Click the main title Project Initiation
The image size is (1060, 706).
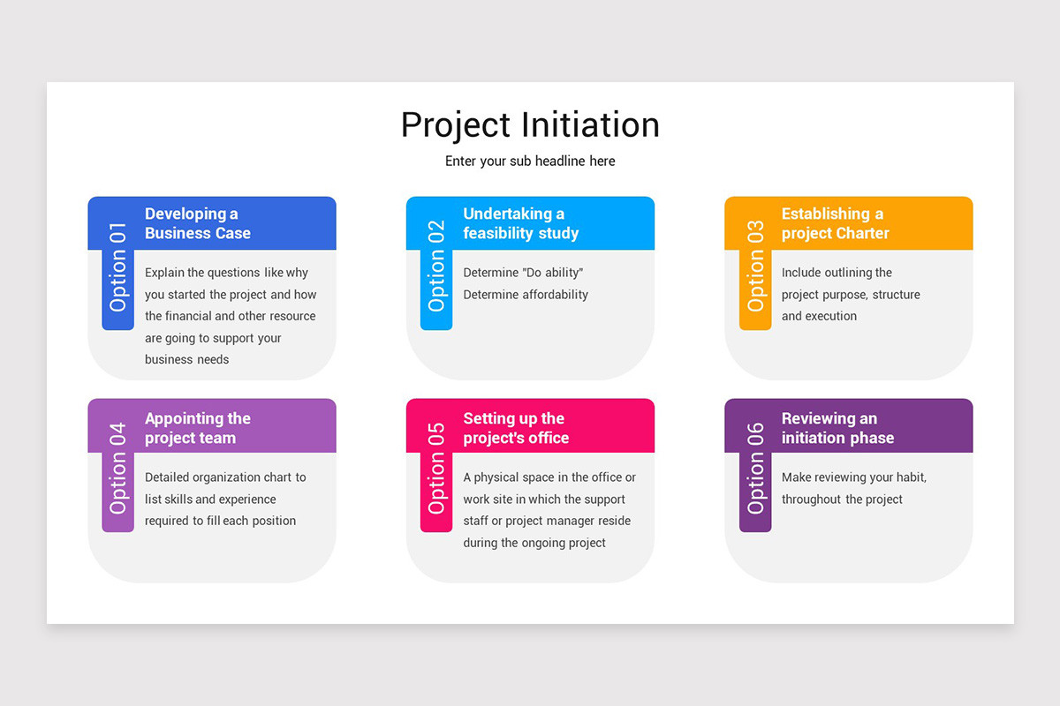point(530,124)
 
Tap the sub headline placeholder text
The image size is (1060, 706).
point(530,161)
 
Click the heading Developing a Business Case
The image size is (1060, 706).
point(198,223)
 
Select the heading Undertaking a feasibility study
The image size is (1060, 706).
point(520,223)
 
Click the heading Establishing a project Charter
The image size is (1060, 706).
point(835,223)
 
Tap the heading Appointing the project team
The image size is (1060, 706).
point(198,428)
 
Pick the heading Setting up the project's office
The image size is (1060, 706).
point(516,428)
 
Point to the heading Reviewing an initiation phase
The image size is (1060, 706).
point(837,428)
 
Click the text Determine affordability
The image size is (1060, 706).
point(526,295)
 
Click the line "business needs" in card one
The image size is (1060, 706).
point(186,359)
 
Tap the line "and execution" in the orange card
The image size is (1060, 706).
point(819,316)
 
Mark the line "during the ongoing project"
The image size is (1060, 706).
point(534,543)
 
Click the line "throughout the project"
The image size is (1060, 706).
point(842,499)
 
